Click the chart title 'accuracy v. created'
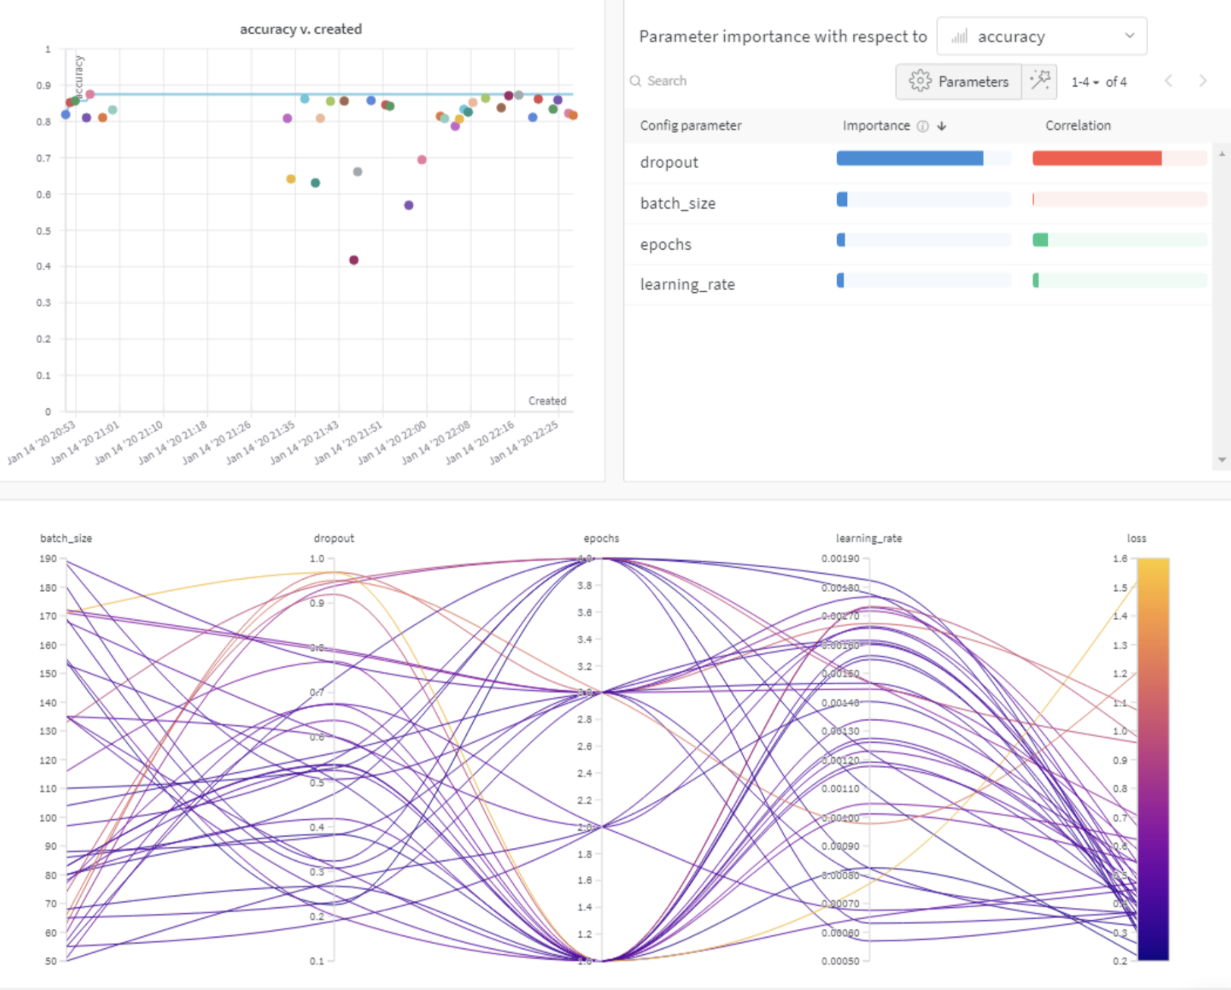pos(301,29)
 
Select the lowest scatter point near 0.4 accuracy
pos(354,260)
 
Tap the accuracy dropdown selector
pos(1041,37)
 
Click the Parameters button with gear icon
pos(959,82)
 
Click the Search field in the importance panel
pos(667,81)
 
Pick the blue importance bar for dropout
pos(910,158)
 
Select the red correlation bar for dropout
pos(1097,158)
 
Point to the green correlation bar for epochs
pos(1041,240)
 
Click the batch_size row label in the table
pos(677,203)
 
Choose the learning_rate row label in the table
pos(687,284)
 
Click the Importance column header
pos(876,126)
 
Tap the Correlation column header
pos(1078,126)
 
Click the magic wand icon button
pos(1039,82)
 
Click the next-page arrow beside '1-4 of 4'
pos(1202,81)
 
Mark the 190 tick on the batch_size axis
pos(48,559)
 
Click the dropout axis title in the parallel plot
pos(334,539)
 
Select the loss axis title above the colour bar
pos(1136,539)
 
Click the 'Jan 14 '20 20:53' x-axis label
pos(42,443)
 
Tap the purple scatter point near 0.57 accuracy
pos(409,205)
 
